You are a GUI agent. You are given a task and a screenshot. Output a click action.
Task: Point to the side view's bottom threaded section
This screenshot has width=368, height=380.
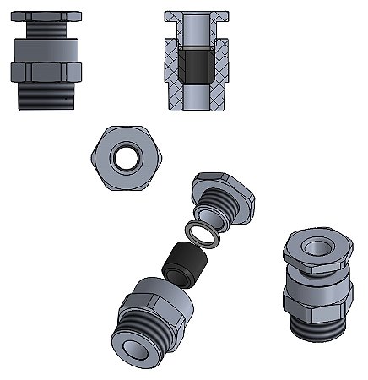pyautogui.click(x=46, y=94)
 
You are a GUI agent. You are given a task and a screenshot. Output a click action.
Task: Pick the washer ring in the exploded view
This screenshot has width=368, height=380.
pyautogui.click(x=203, y=233)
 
